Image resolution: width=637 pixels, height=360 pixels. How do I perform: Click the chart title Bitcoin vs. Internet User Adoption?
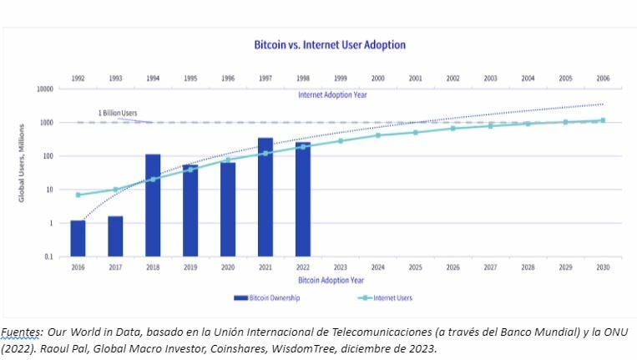[330, 44]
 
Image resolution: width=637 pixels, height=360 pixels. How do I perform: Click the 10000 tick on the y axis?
[44, 89]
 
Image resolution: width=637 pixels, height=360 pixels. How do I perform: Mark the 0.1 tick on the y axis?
[48, 257]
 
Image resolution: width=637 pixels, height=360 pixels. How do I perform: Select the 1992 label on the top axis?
[78, 78]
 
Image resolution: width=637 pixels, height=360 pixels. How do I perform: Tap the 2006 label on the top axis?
[602, 78]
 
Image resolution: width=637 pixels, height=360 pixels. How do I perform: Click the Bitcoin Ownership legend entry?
[268, 297]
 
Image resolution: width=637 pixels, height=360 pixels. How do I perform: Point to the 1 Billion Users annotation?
[117, 113]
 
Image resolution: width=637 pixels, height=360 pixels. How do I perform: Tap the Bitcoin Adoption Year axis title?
[331, 280]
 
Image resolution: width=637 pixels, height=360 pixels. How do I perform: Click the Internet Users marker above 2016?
[78, 195]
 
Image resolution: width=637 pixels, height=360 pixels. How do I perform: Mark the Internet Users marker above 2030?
[602, 120]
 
